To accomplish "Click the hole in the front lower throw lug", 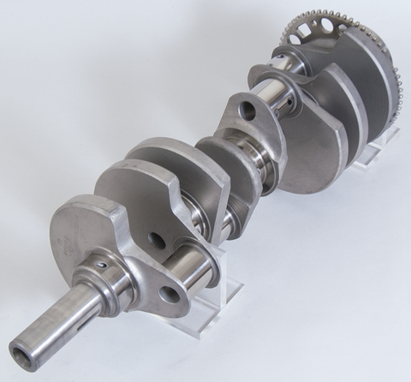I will point(170,295).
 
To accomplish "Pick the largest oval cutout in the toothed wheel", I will point(299,34).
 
